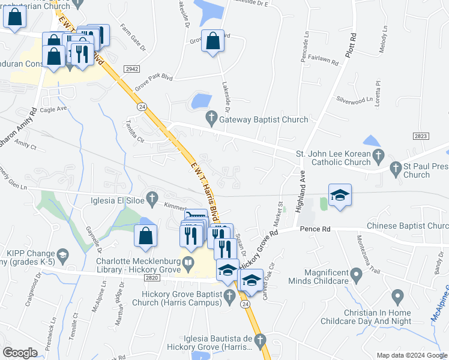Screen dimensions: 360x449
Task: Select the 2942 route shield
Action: coord(132,70)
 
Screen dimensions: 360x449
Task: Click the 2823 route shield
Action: coord(421,137)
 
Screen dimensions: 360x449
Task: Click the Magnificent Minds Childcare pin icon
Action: coord(357,277)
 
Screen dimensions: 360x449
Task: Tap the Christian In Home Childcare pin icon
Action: coord(397,296)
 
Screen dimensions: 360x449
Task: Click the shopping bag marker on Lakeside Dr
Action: coord(212,42)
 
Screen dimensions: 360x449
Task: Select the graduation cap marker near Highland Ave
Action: coord(340,196)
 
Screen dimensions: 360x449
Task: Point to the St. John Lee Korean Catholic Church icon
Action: coord(378,157)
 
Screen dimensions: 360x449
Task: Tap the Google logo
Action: coord(20,353)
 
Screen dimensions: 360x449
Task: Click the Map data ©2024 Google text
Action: coord(412,355)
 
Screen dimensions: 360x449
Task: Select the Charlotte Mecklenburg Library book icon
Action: coord(188,262)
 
